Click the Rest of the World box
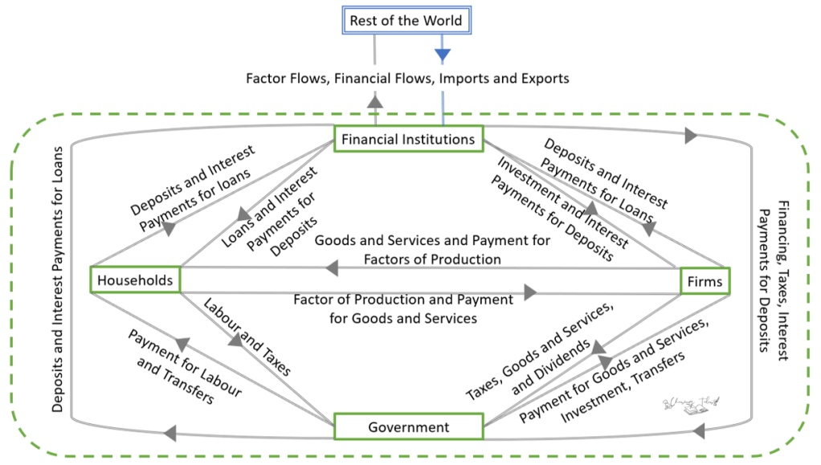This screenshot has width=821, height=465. click(406, 20)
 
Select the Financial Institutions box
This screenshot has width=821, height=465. click(408, 139)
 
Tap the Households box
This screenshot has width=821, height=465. click(134, 280)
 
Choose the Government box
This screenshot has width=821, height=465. click(408, 427)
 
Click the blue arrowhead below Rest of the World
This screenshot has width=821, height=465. click(443, 55)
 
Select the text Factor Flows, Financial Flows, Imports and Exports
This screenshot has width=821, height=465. click(407, 79)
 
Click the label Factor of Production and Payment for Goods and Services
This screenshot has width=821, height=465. click(402, 308)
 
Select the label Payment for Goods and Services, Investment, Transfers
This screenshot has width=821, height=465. click(619, 374)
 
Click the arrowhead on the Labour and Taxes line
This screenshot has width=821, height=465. click(235, 341)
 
